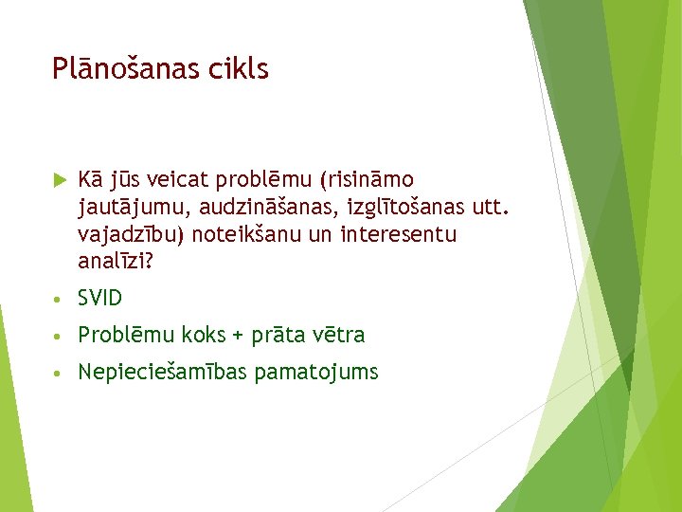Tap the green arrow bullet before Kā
59,179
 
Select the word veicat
181,179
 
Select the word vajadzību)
127,234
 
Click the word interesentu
399,234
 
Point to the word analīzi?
115,261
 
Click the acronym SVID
100,299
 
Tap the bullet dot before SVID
59,300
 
